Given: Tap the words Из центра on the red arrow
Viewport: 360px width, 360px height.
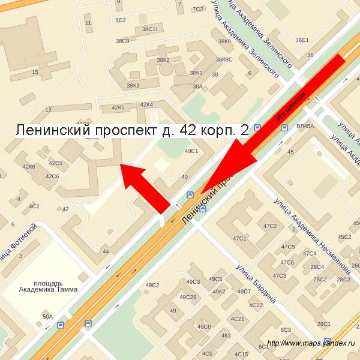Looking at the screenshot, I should tap(292, 107).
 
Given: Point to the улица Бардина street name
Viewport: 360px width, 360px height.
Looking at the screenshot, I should tap(256, 283).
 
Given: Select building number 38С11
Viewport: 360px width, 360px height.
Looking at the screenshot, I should tap(149, 29).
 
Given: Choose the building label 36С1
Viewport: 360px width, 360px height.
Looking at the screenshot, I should tap(301, 40).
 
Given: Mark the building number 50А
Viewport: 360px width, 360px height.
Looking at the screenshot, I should tap(47, 316).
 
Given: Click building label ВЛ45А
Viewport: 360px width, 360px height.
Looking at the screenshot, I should tap(305, 127).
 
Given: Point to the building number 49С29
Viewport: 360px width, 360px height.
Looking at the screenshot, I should tap(188, 297).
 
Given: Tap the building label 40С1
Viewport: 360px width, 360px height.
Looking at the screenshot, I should tap(191, 151).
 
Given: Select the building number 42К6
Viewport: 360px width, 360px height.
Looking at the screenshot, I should tap(29, 166).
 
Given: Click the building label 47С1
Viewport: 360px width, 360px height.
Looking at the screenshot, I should tap(239, 238).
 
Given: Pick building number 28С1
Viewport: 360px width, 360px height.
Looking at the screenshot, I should tap(324, 324).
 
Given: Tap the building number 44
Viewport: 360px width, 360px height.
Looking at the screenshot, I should tap(106, 251).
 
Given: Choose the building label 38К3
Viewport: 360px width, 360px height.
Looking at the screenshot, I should tap(133, 86).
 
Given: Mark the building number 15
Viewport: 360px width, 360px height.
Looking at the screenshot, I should tap(35, 73).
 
